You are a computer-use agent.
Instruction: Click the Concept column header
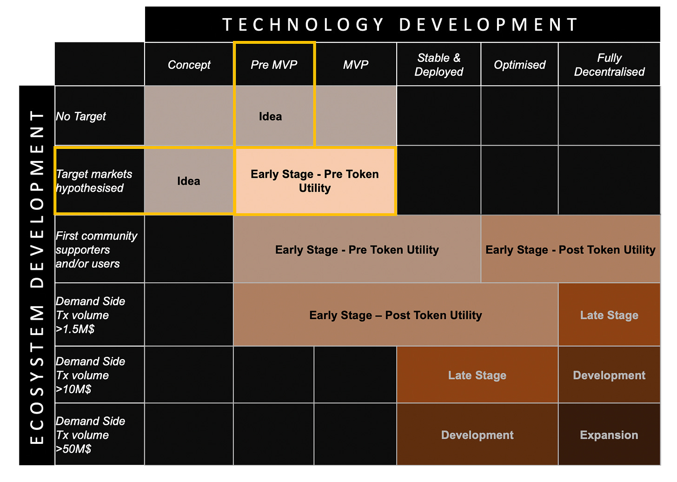(189, 64)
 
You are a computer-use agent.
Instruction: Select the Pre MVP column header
(274, 64)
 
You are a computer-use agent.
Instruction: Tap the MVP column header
(355, 64)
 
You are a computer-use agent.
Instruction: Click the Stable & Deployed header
(438, 64)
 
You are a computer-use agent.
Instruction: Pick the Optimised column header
(519, 64)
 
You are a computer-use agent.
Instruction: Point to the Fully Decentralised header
(609, 64)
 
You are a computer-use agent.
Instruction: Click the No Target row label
(81, 116)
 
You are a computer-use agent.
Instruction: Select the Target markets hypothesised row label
(94, 181)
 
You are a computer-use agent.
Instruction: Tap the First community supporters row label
(96, 249)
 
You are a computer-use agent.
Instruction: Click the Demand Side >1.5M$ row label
(90, 315)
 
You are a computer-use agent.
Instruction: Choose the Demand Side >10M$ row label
(90, 375)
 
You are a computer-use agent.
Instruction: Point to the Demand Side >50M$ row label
(90, 435)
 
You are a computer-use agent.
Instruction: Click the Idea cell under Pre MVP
(270, 116)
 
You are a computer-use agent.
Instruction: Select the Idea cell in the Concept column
(189, 181)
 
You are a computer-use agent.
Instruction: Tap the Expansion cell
(609, 435)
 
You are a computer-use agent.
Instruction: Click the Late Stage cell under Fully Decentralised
(609, 315)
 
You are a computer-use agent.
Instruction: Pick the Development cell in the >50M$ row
(477, 435)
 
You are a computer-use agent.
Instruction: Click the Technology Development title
(400, 25)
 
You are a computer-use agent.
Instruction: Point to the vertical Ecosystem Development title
(37, 277)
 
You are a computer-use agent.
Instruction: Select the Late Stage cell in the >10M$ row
(477, 375)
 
